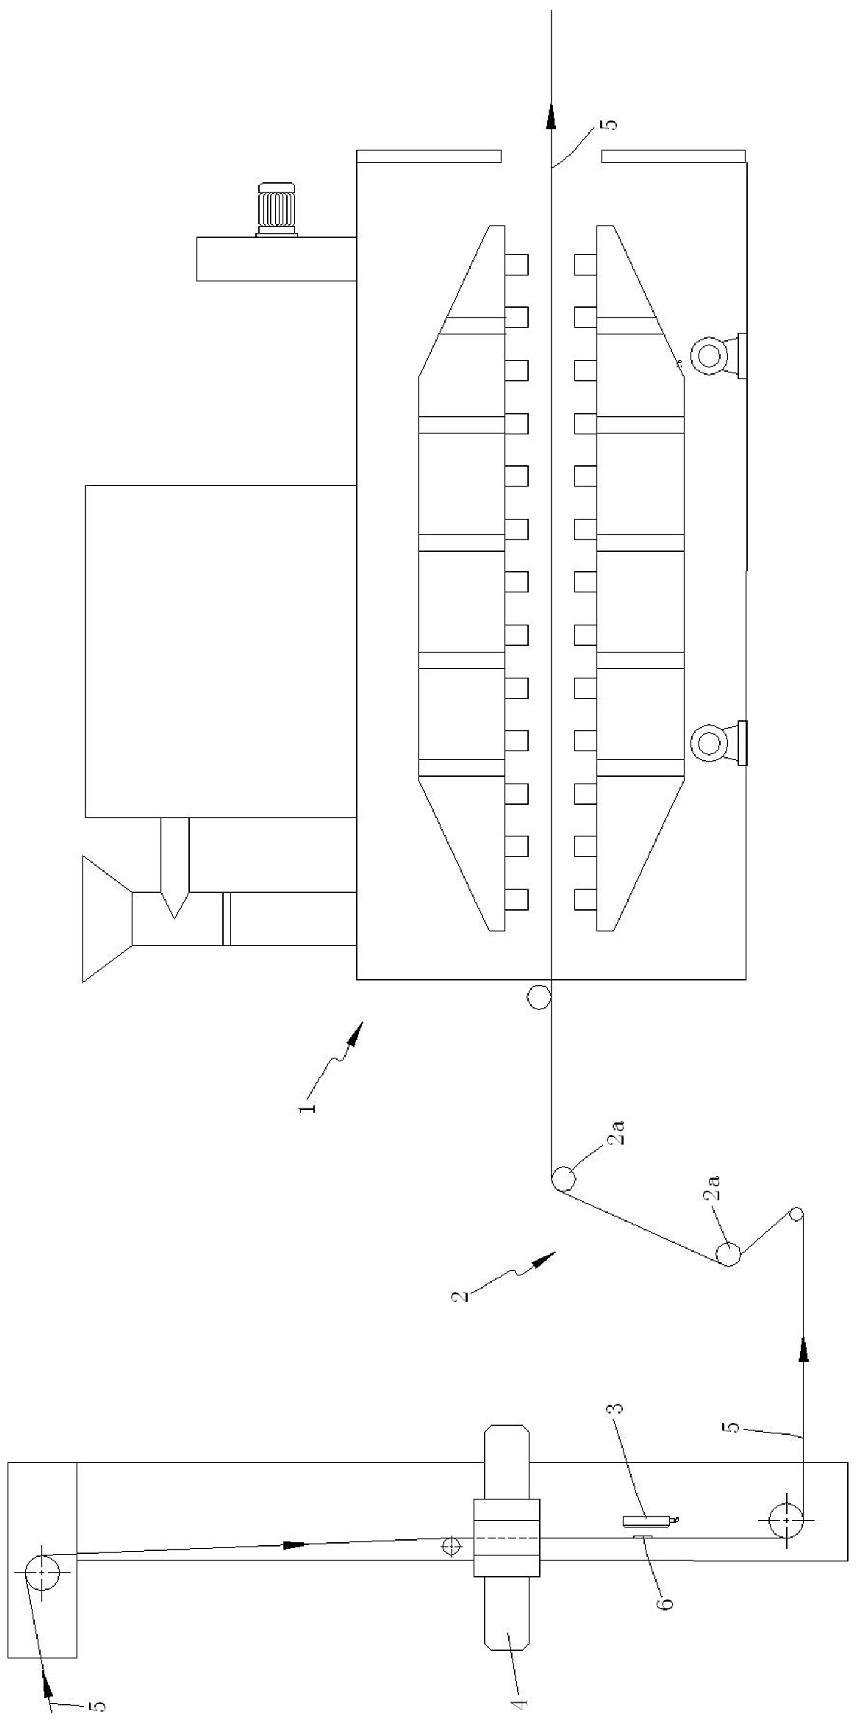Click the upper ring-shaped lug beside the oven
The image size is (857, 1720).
click(x=707, y=355)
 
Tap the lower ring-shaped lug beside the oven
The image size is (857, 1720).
click(x=707, y=742)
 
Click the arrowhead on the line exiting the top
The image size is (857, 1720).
click(x=551, y=115)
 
